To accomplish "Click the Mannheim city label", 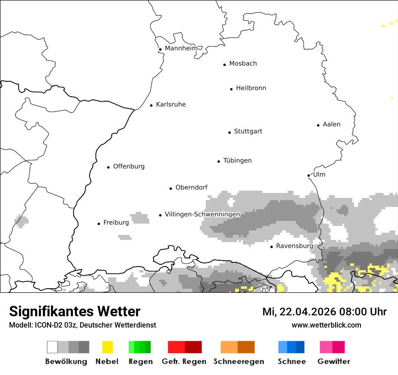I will click(x=181, y=48).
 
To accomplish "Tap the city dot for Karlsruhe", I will click(x=152, y=105).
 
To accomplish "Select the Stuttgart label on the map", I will click(x=248, y=131).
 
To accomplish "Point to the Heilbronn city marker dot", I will click(x=231, y=89).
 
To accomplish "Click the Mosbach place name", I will click(x=243, y=64).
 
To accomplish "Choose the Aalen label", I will click(x=332, y=124).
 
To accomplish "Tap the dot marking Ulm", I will click(x=308, y=175).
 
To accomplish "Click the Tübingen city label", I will click(x=237, y=161).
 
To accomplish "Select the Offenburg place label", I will click(x=129, y=166).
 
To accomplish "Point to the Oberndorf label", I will click(x=191, y=187).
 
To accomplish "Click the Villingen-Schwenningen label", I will click(x=202, y=214).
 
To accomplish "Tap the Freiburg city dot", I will click(x=99, y=224).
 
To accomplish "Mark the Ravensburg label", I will click(x=294, y=246).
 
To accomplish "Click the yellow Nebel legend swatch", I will click(x=107, y=347).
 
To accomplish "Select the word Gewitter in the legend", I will click(x=334, y=361).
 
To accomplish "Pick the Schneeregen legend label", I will click(x=239, y=361).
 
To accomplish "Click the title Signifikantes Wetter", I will click(x=75, y=311).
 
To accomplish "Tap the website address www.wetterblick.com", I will click(x=326, y=325).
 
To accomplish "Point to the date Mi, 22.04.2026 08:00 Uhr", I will click(x=324, y=312).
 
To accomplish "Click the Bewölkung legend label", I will click(x=66, y=361).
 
